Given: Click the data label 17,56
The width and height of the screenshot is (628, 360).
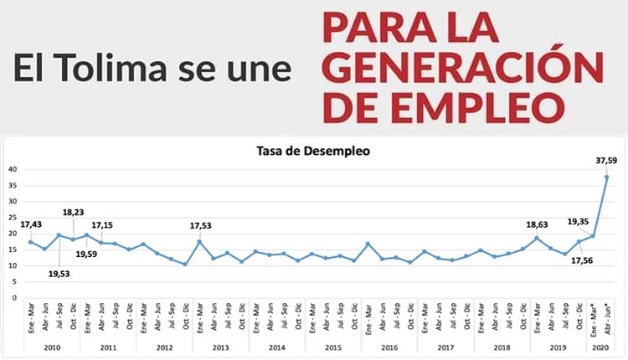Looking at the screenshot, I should coord(582,259).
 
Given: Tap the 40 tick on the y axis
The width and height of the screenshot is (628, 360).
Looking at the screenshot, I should coord(12,169).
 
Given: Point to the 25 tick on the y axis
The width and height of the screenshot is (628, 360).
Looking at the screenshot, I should coord(12,217).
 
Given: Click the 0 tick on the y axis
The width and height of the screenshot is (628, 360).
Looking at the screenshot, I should coord(14,297).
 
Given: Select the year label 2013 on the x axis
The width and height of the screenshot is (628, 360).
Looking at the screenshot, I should coord(220,347).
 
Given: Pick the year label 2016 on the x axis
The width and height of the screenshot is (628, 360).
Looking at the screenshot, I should coord(389,347).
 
